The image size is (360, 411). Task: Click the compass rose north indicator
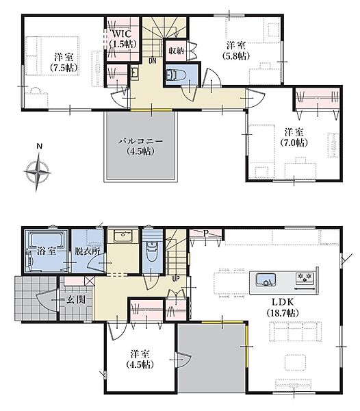click(x=39, y=147)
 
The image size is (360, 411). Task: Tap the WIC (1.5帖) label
click(x=123, y=39)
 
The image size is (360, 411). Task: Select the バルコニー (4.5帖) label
click(x=140, y=147)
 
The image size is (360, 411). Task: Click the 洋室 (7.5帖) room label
click(x=64, y=62)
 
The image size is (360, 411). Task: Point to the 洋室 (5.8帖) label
click(x=236, y=50)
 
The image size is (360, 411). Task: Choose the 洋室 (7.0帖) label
click(x=294, y=137)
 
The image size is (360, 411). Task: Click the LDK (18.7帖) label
click(x=283, y=307)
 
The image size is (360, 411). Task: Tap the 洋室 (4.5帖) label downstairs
click(x=140, y=359)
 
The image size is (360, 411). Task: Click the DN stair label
click(x=153, y=61)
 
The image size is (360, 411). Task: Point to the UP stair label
click(x=176, y=279)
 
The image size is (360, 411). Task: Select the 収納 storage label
click(x=176, y=51)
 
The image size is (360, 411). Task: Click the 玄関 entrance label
click(x=76, y=299)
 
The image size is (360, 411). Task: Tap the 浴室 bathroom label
click(x=46, y=251)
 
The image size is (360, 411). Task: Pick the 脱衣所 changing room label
click(x=88, y=251)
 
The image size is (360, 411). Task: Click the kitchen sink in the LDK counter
click(x=266, y=279)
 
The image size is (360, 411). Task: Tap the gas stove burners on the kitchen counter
click(x=305, y=277)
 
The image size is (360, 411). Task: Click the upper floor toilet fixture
click(x=176, y=75)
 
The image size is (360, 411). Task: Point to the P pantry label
click(x=206, y=233)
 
